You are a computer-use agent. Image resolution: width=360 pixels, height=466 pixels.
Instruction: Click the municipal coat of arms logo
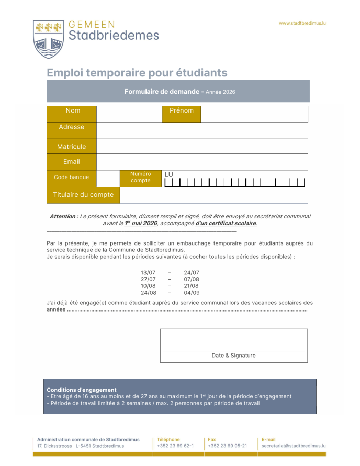point(49,39)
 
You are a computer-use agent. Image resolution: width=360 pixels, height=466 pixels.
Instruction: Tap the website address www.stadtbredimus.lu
point(302,23)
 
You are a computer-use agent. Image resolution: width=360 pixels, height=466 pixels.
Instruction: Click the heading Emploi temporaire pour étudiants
point(137,73)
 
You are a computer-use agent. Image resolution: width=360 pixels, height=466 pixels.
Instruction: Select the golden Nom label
point(73,111)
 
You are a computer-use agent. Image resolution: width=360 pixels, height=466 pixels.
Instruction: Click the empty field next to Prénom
point(254,114)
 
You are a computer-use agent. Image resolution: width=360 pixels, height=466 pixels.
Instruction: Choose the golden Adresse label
point(72,127)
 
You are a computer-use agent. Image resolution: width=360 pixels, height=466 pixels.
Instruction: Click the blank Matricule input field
point(202,146)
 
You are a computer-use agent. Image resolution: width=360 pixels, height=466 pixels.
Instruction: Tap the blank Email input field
point(202,162)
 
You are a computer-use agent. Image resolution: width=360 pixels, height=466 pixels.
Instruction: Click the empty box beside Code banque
point(108,178)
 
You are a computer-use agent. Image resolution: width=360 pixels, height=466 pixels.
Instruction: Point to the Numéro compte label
point(140,177)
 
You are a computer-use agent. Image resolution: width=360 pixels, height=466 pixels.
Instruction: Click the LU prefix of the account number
point(168,175)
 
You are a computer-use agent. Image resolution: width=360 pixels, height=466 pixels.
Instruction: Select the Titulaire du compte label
point(83,195)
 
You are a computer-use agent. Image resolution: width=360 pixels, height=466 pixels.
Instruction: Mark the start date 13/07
point(148,273)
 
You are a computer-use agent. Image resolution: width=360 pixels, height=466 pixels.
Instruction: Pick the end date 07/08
point(192,280)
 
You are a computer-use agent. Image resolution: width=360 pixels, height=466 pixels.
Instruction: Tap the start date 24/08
point(148,293)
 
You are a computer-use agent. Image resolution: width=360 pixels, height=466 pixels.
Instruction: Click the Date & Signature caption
point(233,356)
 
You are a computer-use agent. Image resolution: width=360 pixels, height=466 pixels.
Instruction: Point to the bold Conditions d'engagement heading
point(81,390)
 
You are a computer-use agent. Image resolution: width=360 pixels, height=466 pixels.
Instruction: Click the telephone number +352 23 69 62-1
point(175,446)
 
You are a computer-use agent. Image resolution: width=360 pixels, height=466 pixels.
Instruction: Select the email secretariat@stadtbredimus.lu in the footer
point(294,446)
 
